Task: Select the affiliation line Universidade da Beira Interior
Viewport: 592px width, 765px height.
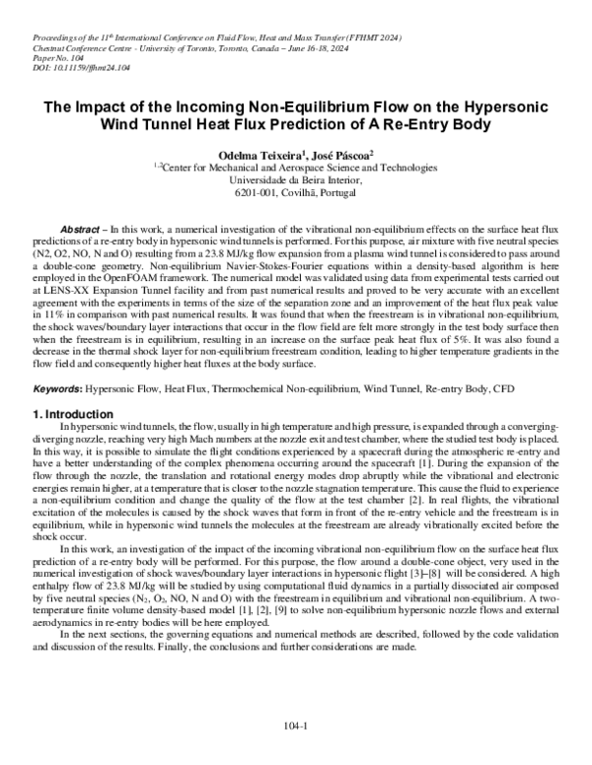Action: coord(296,179)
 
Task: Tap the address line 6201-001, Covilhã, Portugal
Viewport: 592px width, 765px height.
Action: coord(296,191)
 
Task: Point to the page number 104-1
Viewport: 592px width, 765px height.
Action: coord(296,725)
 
